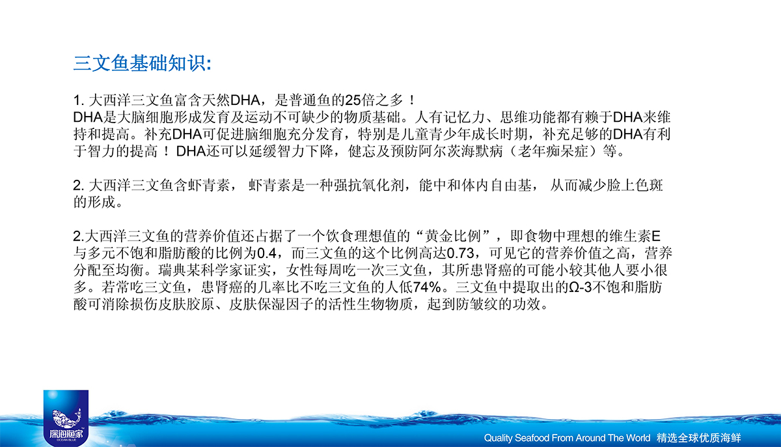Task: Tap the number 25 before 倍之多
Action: point(353,100)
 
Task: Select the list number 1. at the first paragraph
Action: point(79,100)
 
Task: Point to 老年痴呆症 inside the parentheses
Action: point(553,151)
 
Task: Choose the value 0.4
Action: point(267,253)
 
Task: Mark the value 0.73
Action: point(460,253)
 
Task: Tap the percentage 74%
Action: point(427,287)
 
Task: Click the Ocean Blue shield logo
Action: point(66,418)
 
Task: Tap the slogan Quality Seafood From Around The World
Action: point(567,438)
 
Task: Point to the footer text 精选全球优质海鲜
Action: point(699,438)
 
